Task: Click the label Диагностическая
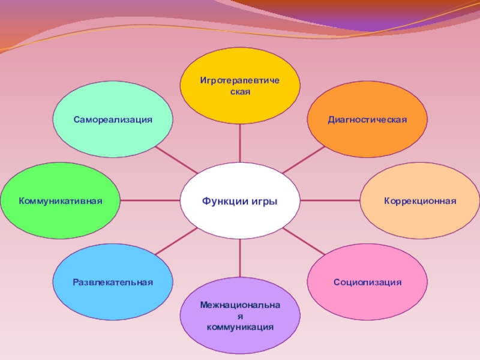(x=367, y=119)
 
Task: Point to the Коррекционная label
(x=420, y=200)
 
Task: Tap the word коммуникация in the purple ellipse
(x=240, y=328)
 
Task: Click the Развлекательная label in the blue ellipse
(x=113, y=282)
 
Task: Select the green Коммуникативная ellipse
(x=60, y=200)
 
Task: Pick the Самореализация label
(x=113, y=119)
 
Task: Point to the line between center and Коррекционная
(x=329, y=200)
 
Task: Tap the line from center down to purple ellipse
(x=240, y=257)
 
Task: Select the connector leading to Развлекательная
(x=176, y=242)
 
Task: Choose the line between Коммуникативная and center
(x=150, y=200)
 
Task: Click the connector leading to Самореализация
(x=176, y=160)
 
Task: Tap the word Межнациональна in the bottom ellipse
(x=240, y=306)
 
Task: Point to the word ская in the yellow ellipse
(x=240, y=92)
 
